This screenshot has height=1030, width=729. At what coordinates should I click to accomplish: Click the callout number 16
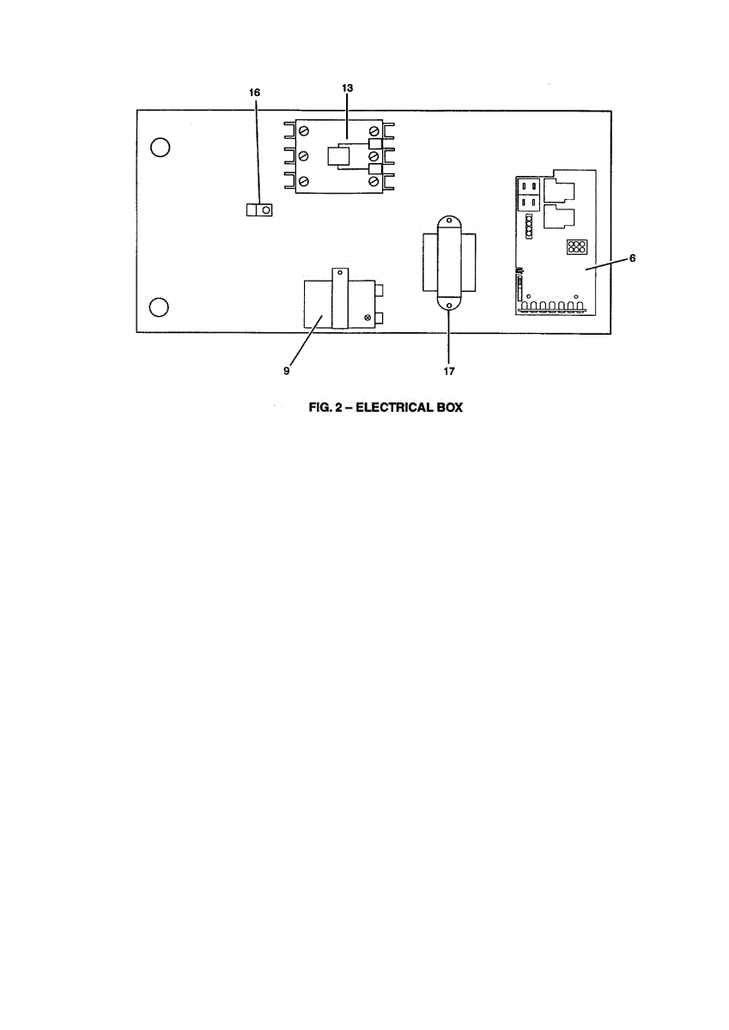pyautogui.click(x=255, y=91)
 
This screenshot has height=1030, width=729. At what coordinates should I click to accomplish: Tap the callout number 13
pyautogui.click(x=347, y=88)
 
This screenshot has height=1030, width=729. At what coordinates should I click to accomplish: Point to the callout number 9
pyautogui.click(x=287, y=372)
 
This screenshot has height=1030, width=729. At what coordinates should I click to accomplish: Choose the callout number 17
pyautogui.click(x=448, y=372)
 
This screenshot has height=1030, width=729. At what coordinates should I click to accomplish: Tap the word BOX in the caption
pyautogui.click(x=447, y=409)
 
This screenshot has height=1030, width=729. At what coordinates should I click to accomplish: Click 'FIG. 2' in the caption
pyautogui.click(x=325, y=409)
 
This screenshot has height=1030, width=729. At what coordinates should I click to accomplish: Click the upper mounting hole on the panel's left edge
pyautogui.click(x=159, y=148)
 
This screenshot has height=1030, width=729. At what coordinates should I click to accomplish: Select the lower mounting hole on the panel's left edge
pyautogui.click(x=159, y=307)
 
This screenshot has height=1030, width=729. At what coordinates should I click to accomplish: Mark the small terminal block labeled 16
pyautogui.click(x=259, y=209)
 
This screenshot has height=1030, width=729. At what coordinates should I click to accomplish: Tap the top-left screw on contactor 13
pyautogui.click(x=303, y=130)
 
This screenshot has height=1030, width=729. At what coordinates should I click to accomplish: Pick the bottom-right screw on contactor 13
pyautogui.click(x=374, y=181)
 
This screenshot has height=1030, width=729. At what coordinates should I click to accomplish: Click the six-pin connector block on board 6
pyautogui.click(x=576, y=248)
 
